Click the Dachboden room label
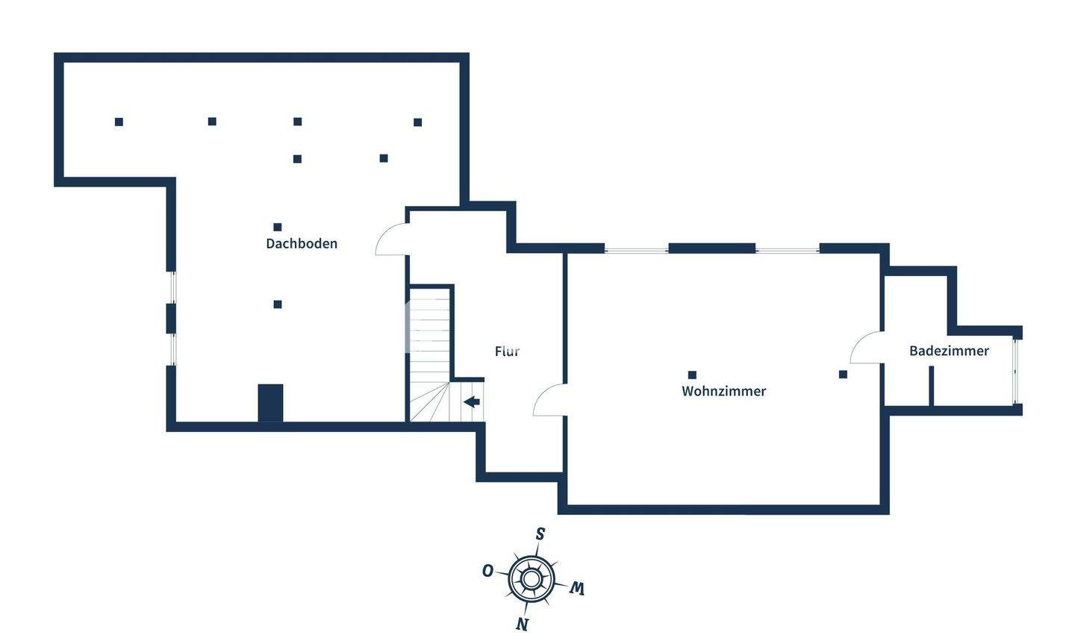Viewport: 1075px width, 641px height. pos(302,243)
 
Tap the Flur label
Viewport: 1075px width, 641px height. pos(507,351)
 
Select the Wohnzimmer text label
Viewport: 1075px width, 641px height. pos(723,391)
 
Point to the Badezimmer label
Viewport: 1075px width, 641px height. pos(949,351)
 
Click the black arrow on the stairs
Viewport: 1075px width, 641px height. pos(471,402)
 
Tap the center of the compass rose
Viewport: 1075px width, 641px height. pos(531,578)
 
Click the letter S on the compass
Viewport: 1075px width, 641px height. pos(540,534)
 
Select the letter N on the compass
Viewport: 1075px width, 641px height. pos(523,624)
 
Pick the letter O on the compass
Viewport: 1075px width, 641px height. pos(487,571)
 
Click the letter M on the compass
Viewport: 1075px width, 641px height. pos(576,589)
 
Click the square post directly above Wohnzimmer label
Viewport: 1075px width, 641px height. pos(692,375)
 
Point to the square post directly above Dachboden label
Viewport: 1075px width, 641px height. pos(278,227)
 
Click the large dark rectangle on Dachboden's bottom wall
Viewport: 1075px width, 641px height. pos(270,403)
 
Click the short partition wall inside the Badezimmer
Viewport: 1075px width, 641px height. pos(931,386)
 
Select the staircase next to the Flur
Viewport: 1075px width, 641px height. pos(430,354)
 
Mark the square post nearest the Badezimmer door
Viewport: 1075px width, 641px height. pos(843,375)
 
